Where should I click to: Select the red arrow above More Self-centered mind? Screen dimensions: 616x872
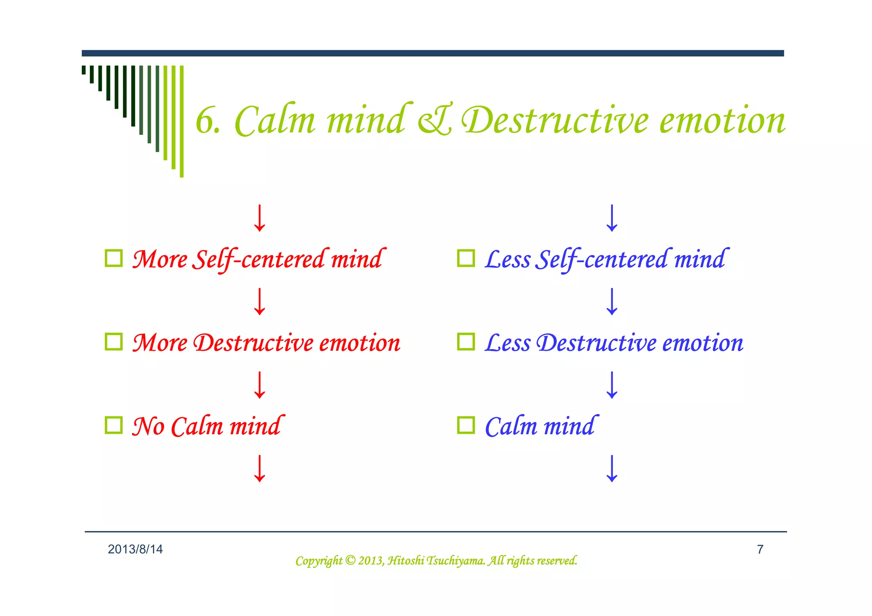[x=259, y=218]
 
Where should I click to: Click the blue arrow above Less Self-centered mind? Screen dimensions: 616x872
[x=612, y=218]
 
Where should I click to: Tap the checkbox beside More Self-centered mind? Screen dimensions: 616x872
[x=114, y=258]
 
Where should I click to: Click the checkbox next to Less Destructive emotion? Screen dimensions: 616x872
[x=466, y=341]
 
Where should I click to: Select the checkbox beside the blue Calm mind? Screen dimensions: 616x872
[x=466, y=425]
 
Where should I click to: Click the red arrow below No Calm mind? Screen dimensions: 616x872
[x=259, y=468]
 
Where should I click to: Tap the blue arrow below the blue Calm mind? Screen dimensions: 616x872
[x=612, y=468]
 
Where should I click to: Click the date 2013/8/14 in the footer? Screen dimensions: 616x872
[x=135, y=549]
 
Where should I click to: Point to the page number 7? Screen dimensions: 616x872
[x=760, y=549]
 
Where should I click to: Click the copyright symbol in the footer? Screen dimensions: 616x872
[x=350, y=560]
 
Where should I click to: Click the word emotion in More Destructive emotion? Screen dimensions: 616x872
[x=360, y=343]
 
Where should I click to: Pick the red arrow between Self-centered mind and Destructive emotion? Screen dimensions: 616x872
[x=259, y=301]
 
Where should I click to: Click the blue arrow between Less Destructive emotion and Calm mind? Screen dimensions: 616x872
[x=612, y=385]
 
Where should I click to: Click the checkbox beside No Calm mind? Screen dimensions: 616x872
[x=114, y=425]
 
